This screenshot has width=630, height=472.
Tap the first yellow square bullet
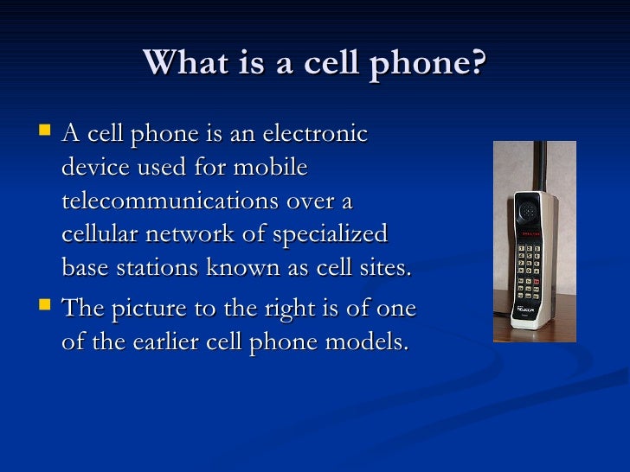[44, 132]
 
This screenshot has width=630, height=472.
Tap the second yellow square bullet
[44, 306]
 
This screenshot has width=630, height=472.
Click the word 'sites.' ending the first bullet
[384, 267]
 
